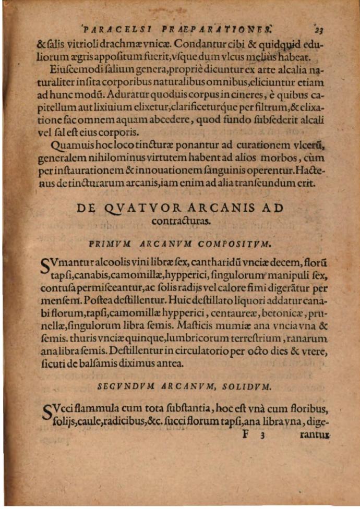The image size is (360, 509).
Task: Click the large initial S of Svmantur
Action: tap(45, 265)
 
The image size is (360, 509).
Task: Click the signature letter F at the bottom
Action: tap(246, 433)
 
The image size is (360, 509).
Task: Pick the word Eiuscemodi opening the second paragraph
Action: tap(75, 69)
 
